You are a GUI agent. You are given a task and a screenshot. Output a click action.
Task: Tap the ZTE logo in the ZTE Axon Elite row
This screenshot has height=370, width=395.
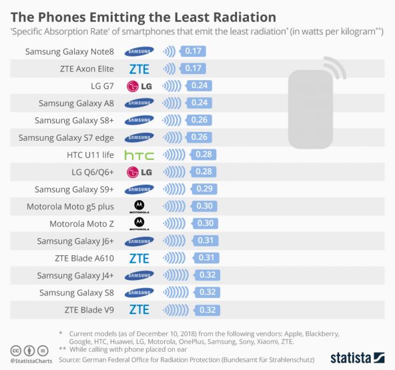point(139,68)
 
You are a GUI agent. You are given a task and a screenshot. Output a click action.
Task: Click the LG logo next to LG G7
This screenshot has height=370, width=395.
point(139,85)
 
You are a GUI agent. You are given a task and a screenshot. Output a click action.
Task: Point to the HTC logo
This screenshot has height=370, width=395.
point(139,155)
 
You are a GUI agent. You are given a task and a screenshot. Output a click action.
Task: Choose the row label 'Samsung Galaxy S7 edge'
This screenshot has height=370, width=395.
point(66,137)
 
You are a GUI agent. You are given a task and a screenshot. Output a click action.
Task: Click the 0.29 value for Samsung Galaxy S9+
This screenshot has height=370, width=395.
point(202,189)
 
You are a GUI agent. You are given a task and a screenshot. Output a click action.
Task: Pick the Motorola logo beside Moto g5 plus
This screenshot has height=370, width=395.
point(139,207)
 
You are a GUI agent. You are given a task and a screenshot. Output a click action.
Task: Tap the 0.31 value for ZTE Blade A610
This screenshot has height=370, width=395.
point(206,259)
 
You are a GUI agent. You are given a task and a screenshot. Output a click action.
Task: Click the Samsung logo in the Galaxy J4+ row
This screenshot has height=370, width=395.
point(139,275)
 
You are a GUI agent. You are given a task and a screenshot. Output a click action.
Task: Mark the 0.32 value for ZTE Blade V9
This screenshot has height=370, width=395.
point(207,309)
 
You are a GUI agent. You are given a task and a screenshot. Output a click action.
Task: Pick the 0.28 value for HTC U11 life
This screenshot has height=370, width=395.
point(202,155)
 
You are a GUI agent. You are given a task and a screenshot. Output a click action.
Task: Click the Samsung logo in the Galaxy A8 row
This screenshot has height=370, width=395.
point(139,103)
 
